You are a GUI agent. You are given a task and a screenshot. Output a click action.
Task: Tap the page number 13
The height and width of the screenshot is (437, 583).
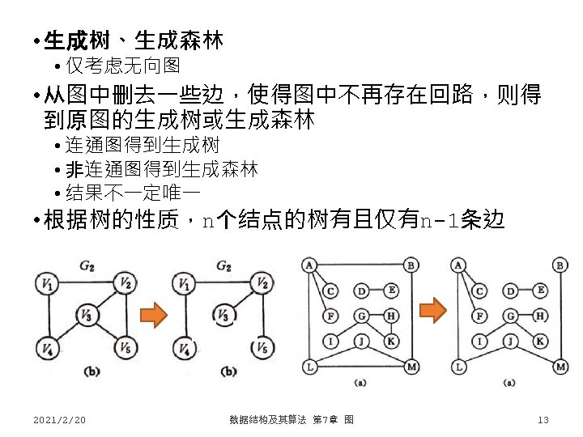tap(543, 419)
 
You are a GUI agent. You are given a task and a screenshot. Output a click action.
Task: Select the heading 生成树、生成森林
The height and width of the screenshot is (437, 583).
tap(134, 40)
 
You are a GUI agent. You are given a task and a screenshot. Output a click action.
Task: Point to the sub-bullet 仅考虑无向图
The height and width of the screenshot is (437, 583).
tap(123, 65)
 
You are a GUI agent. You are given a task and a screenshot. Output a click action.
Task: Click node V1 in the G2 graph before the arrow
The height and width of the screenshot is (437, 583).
tap(45, 284)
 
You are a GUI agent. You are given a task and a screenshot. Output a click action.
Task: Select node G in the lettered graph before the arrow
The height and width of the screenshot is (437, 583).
tap(361, 316)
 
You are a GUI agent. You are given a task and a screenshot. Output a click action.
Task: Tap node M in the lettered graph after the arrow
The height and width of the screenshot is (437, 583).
tap(561, 367)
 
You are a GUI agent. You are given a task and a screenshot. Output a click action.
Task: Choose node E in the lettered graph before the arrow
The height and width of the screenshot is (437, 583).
tap(391, 290)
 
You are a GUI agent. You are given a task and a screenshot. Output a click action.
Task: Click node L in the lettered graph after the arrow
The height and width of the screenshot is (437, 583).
tap(459, 367)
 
